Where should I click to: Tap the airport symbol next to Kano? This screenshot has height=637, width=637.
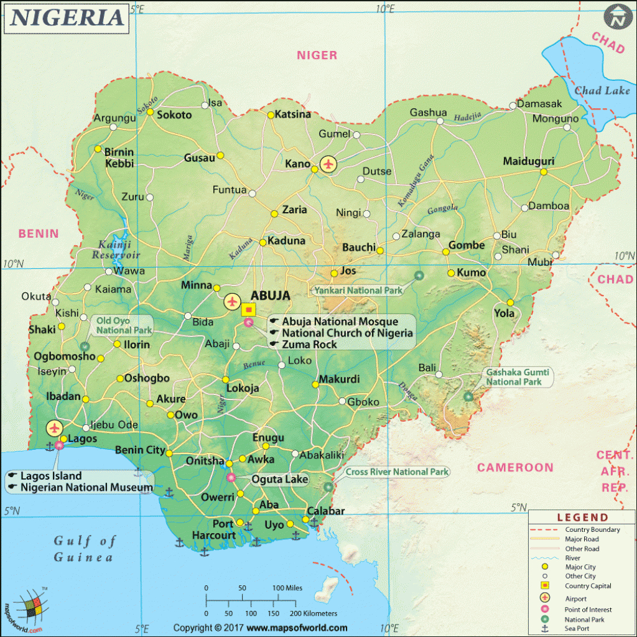[x=328, y=164]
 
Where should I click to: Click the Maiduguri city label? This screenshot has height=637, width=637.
[x=528, y=161]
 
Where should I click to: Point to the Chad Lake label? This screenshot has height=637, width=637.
[x=602, y=91]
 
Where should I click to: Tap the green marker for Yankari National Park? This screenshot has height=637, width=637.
[x=419, y=276]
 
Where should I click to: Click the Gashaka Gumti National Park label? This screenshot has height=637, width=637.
[x=514, y=377]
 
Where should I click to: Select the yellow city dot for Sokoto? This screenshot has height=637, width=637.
[x=150, y=113]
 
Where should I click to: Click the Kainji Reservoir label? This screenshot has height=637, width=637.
[x=116, y=249]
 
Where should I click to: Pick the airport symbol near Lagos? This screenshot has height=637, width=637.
[x=55, y=428]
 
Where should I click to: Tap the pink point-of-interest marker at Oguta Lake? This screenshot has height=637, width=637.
[x=231, y=478]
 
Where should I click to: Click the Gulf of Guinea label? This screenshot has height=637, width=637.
[x=84, y=548]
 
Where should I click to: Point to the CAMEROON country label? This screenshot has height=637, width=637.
[x=515, y=467]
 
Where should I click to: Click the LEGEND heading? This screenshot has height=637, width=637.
[x=582, y=517]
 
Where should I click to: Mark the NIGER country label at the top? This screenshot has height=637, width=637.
[x=317, y=55]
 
